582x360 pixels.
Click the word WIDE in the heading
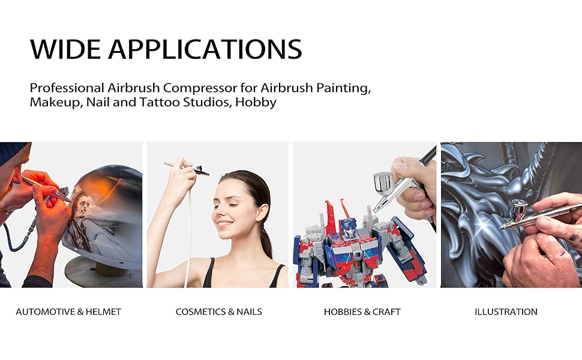pyautogui.click(x=65, y=49)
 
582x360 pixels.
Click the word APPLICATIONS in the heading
pyautogui.click(x=205, y=49)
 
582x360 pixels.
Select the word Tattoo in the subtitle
pyautogui.click(x=159, y=102)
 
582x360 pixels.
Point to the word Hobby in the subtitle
pyautogui.click(x=256, y=103)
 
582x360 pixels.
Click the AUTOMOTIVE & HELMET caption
pyautogui.click(x=68, y=312)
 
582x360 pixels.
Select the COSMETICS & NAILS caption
pyautogui.click(x=218, y=312)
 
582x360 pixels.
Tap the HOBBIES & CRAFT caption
pyautogui.click(x=362, y=312)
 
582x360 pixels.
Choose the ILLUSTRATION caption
pyautogui.click(x=506, y=312)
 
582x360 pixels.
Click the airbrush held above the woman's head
pyautogui.click(x=187, y=168)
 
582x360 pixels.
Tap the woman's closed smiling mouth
pyautogui.click(x=224, y=224)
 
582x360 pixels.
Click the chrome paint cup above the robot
pyautogui.click(x=383, y=184)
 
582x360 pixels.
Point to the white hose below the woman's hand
pyautogui.click(x=189, y=238)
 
